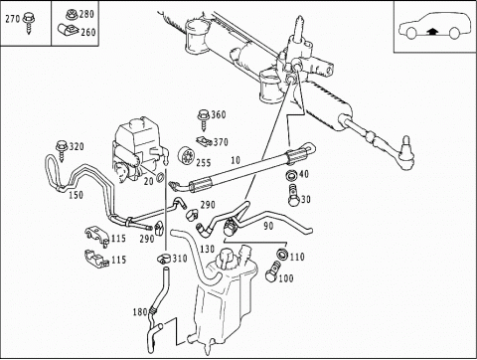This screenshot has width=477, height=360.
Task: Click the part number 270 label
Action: [13, 19]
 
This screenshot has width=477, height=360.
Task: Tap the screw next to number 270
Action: [29, 23]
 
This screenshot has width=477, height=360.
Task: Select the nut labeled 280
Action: [72, 14]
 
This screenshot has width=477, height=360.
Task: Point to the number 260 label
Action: [88, 32]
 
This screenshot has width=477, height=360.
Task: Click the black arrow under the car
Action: [432, 32]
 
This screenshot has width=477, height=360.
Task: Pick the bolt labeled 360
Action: [204, 119]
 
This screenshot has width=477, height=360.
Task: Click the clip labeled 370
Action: [204, 141]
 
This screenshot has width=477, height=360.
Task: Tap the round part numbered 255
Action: [186, 155]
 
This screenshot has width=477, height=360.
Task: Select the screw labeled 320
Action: [63, 150]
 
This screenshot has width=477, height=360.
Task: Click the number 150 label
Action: [76, 195]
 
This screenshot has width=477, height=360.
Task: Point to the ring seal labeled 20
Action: [160, 178]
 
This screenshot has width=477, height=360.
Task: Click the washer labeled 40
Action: [291, 174]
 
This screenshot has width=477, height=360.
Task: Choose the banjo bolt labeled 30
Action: [293, 196]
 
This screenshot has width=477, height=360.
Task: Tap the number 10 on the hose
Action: [236, 160]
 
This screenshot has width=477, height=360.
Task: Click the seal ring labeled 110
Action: [282, 255]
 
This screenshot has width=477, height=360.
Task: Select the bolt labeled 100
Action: [272, 271]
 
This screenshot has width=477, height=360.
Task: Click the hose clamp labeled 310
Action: [164, 258]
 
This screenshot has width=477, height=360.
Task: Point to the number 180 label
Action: [140, 312]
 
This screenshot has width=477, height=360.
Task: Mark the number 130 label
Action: [208, 249]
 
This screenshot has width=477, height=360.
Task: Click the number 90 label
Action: [268, 226]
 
